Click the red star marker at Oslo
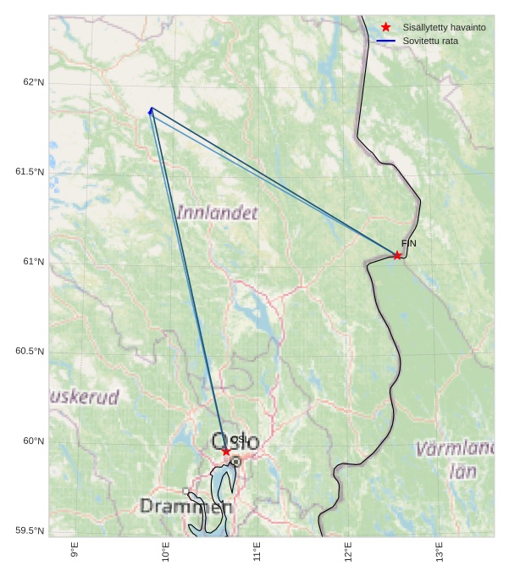[226, 452]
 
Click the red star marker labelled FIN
[397, 255]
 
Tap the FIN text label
[409, 244]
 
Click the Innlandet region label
[217, 213]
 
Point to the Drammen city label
[185, 507]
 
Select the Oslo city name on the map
[235, 441]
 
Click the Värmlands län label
[457, 458]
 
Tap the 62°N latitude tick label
[33, 82]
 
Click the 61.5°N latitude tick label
[30, 172]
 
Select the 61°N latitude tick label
[33, 262]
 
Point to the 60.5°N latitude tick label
[30, 352]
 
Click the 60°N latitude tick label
[33, 441]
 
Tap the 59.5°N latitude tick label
[30, 531]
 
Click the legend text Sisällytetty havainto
[444, 28]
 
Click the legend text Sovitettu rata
[430, 41]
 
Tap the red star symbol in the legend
[386, 28]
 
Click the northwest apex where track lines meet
[151, 108]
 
